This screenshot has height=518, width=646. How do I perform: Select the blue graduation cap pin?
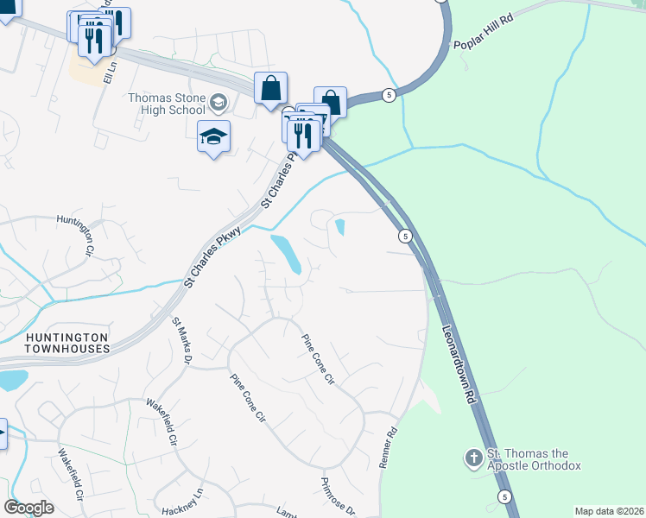tap(213, 137)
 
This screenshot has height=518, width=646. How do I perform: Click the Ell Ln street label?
tap(109, 71)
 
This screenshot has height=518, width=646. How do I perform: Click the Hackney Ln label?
tap(182, 501)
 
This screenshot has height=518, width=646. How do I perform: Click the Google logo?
tap(28, 508)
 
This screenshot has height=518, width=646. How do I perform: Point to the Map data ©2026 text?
tap(608, 511)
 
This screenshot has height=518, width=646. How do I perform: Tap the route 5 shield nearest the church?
tap(504, 496)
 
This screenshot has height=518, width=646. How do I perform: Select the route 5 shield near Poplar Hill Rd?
tap(390, 95)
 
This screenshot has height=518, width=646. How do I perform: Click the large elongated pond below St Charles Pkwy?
tap(286, 254)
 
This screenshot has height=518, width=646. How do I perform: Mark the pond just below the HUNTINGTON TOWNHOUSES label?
tap(11, 379)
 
